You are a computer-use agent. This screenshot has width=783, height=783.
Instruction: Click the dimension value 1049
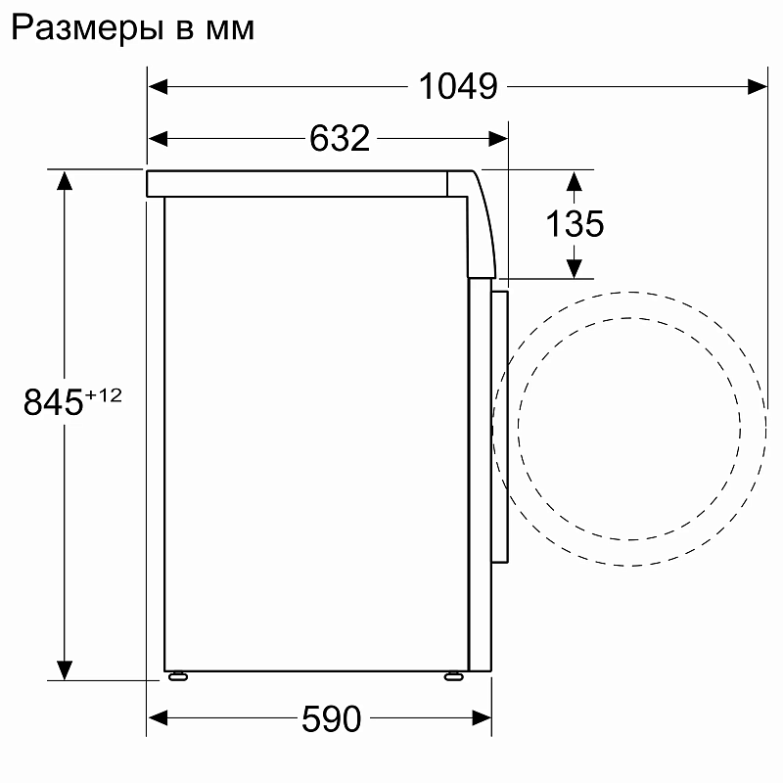point(458,87)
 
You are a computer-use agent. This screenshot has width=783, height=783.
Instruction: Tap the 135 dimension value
point(575,224)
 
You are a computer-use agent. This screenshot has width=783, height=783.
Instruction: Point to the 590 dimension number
point(331,720)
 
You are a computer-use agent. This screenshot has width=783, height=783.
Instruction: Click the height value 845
point(54,402)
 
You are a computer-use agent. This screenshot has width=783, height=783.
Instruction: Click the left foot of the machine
point(178,675)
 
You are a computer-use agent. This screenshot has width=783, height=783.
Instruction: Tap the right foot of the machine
point(454,675)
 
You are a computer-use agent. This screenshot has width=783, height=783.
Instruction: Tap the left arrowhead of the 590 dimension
point(157,720)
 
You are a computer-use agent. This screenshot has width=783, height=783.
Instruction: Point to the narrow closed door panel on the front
point(500,426)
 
